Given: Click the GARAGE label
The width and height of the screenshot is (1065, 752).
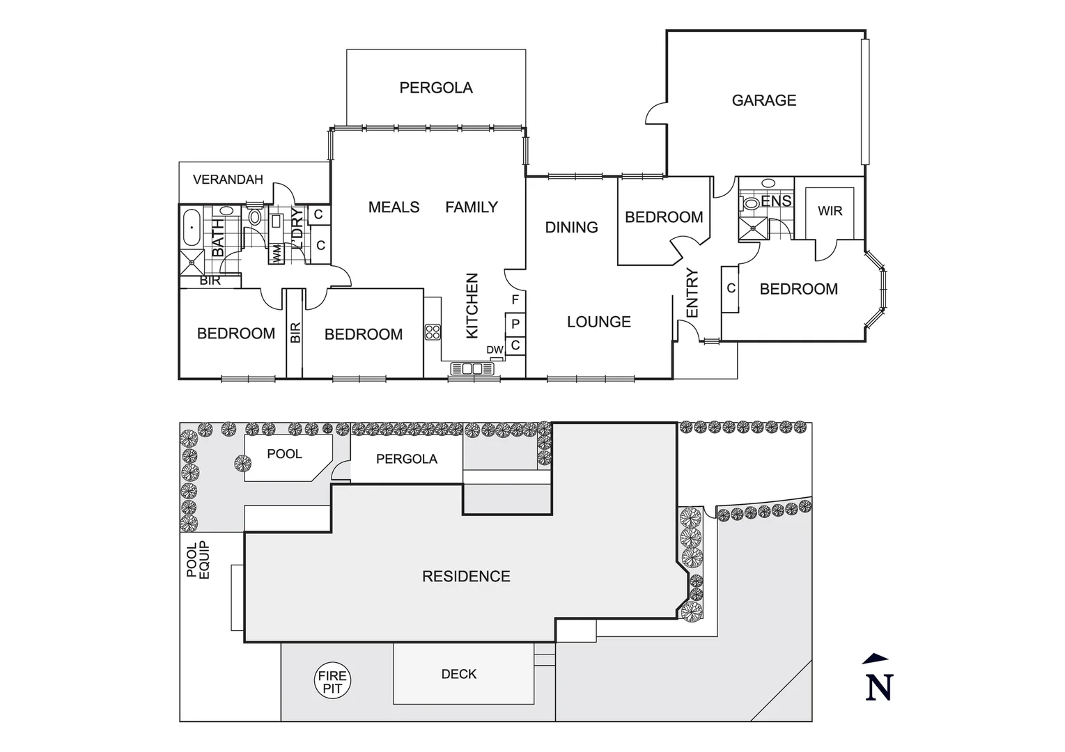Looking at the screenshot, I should pos(763,100).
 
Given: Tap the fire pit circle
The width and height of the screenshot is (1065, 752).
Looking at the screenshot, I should pos(332,682).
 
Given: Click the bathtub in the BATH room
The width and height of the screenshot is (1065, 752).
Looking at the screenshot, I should pos(190,228).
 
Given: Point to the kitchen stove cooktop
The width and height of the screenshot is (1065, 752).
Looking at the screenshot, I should pos(433,332).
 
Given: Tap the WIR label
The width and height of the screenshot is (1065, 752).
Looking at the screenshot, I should pos(830,211).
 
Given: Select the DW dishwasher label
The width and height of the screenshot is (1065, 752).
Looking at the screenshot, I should pos(495,350).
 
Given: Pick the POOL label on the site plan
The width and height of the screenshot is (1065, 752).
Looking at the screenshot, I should pos(284,454).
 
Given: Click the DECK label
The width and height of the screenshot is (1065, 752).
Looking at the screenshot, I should pos(459,674).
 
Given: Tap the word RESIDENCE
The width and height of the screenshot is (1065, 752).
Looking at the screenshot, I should pos(466,577).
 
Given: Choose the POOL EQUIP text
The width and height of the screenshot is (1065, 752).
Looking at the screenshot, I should pos(198,560).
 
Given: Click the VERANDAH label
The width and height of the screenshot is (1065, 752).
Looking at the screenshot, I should pos(228,180).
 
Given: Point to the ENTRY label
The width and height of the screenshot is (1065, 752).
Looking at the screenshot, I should pos(692,293).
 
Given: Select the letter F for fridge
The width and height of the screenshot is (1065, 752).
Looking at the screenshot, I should pos(515,300).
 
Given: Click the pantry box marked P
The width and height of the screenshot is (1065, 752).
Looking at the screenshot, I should pos(515,324).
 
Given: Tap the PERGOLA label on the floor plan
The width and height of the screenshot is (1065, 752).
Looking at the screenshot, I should pos(436,88).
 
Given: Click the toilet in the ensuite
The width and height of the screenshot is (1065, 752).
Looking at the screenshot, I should pos(751,204).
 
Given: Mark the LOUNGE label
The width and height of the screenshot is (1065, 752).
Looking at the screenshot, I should pos(598,322).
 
